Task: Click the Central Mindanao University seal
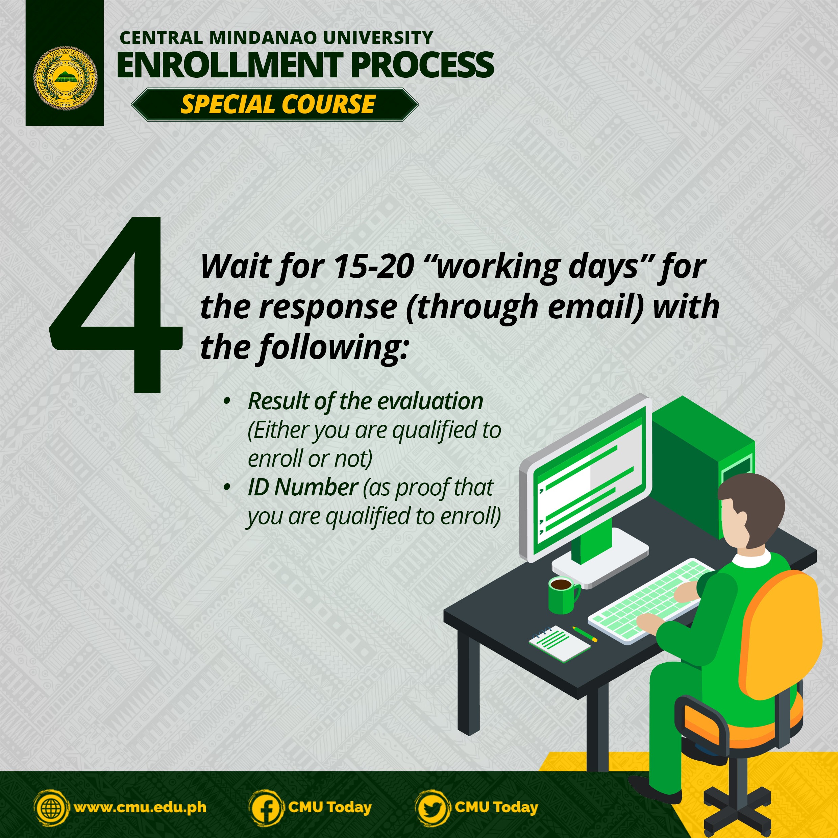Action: [66, 78]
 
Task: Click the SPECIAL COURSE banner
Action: [275, 104]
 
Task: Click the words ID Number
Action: [303, 487]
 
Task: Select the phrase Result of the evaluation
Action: [365, 401]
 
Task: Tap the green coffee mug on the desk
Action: [563, 595]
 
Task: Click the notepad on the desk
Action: [560, 644]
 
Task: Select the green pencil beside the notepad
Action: [584, 634]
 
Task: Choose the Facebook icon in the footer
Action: [266, 808]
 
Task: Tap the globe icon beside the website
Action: [51, 808]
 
